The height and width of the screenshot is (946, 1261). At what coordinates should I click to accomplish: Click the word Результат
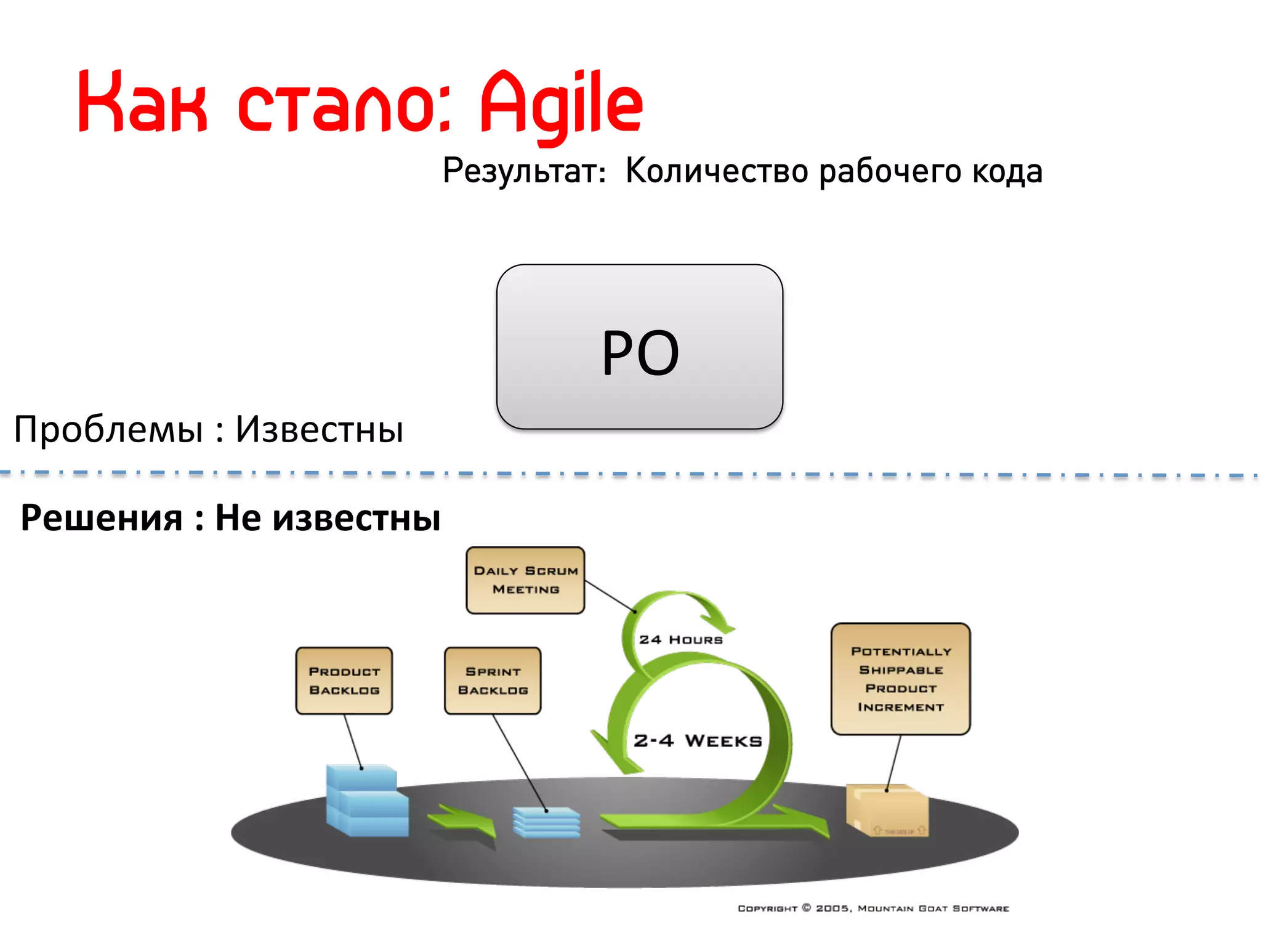click(x=524, y=171)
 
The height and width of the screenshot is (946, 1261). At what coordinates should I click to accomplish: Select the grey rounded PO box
click(x=639, y=347)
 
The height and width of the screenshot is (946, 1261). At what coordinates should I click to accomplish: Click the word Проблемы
click(x=108, y=429)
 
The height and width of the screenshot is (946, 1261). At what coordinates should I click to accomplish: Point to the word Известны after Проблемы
click(x=320, y=429)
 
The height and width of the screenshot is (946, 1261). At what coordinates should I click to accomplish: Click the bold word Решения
click(x=102, y=517)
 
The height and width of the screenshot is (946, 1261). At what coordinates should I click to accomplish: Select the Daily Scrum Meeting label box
click(x=525, y=580)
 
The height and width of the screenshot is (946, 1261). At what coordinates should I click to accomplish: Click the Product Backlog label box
click(x=344, y=681)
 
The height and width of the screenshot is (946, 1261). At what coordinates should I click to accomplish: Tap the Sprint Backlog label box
click(x=493, y=681)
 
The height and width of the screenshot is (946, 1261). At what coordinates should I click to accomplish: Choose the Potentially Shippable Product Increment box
click(x=900, y=679)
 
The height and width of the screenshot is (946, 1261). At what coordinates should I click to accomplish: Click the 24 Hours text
click(x=680, y=640)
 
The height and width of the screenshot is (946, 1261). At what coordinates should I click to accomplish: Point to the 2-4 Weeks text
click(x=698, y=740)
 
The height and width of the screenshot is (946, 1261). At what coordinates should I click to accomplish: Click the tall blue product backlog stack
click(x=367, y=801)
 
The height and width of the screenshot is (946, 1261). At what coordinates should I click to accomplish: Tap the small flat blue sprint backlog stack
click(x=546, y=823)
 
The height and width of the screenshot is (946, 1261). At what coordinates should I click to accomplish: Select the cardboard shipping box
click(x=887, y=810)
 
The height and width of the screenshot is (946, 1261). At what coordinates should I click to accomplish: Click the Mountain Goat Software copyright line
click(x=873, y=908)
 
